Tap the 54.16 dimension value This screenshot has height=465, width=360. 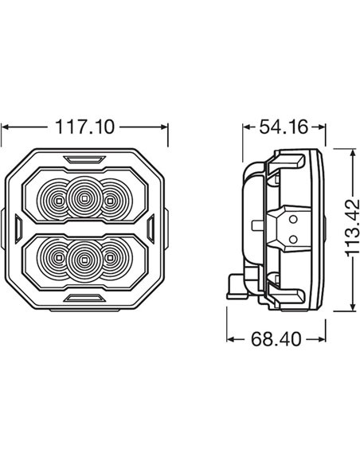point(283,125)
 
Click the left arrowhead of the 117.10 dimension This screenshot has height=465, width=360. point(6,126)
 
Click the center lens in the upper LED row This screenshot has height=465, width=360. point(82,196)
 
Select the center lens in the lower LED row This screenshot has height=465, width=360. point(82,256)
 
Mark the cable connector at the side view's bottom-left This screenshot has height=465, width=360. point(235,282)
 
